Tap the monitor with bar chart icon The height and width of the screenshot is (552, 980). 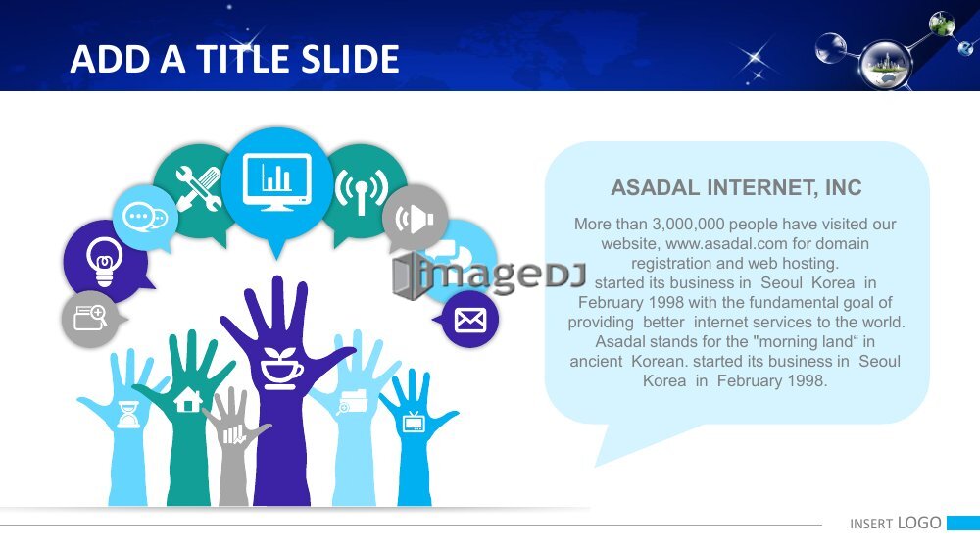pos(277,181)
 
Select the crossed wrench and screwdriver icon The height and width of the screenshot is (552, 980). pos(198,188)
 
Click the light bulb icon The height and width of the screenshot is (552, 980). pos(104,261)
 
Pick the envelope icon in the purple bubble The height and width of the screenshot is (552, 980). pos(470,320)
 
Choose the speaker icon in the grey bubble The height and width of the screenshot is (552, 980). pos(415,219)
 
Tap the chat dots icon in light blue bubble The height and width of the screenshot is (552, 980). pos(145,218)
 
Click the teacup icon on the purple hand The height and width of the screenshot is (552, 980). pos(280,369)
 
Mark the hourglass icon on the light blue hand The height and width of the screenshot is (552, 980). pos(128,414)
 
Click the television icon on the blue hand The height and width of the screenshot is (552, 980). pos(414,422)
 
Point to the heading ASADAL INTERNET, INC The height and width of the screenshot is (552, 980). pos(736,187)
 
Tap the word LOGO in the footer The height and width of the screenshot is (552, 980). pos(919,523)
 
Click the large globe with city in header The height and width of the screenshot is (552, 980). pos(885,65)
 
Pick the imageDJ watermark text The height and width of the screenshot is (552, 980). pos(489,276)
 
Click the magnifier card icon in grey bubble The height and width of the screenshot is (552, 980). pos(90,318)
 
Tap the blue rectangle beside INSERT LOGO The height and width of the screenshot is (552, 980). pos(963,523)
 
